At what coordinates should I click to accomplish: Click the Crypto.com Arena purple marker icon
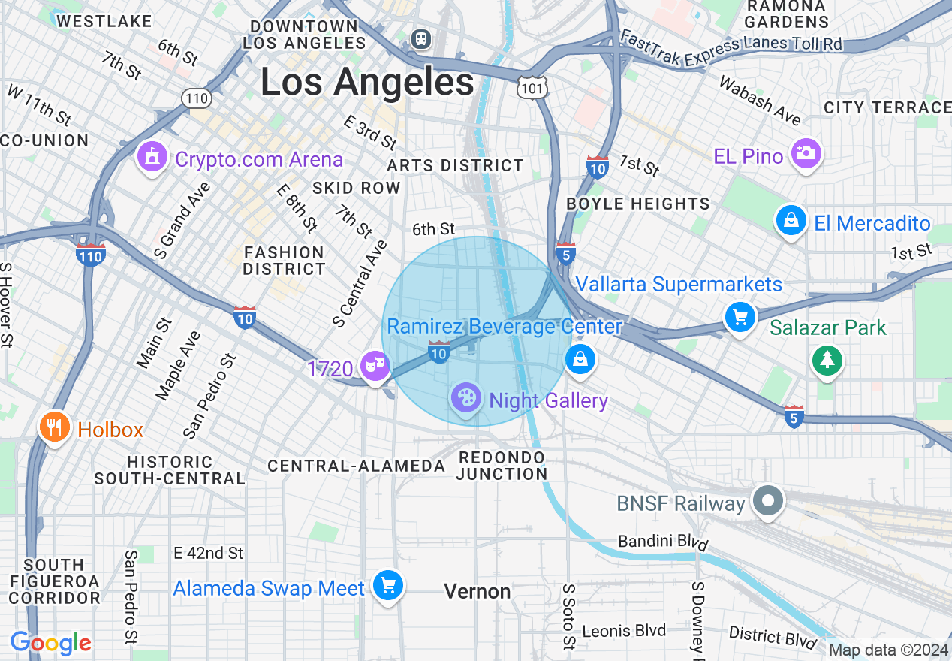pyautogui.click(x=152, y=157)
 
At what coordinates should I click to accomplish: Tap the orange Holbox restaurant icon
pyautogui.click(x=53, y=427)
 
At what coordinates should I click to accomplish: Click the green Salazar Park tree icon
pyautogui.click(x=827, y=360)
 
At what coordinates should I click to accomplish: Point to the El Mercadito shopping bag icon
pyautogui.click(x=791, y=221)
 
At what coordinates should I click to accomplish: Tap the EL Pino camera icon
pyautogui.click(x=806, y=153)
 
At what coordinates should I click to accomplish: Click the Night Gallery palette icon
pyautogui.click(x=466, y=397)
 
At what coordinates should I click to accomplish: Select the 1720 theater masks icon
pyautogui.click(x=374, y=366)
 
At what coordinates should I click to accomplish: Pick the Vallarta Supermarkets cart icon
pyautogui.click(x=740, y=317)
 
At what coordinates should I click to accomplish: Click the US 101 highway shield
pyautogui.click(x=532, y=89)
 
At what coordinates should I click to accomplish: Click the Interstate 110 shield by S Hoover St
pyautogui.click(x=91, y=254)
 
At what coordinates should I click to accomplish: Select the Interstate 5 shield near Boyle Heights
pyautogui.click(x=566, y=253)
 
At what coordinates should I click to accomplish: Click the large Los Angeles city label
pyautogui.click(x=367, y=82)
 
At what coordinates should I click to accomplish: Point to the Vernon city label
pyautogui.click(x=478, y=592)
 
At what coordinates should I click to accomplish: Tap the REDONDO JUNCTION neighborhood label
pyautogui.click(x=502, y=466)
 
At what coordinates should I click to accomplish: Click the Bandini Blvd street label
pyautogui.click(x=659, y=542)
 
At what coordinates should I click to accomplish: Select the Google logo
pyautogui.click(x=50, y=643)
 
